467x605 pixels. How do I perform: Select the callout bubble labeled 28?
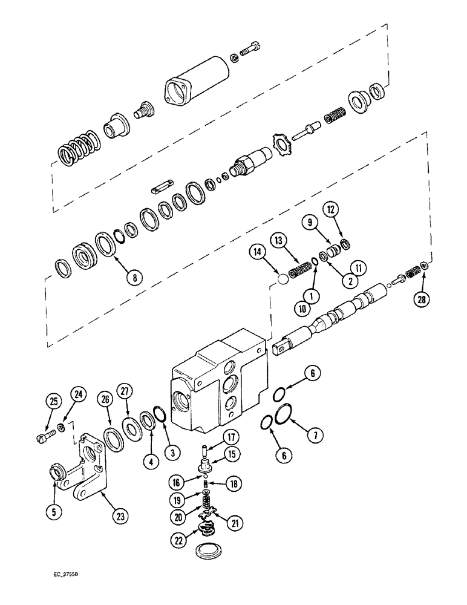pyautogui.click(x=423, y=297)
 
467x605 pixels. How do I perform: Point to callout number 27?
pyautogui.click(x=125, y=390)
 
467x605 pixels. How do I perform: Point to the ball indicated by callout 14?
pyautogui.click(x=281, y=281)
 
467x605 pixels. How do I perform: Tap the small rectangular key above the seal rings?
pyautogui.click(x=162, y=185)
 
